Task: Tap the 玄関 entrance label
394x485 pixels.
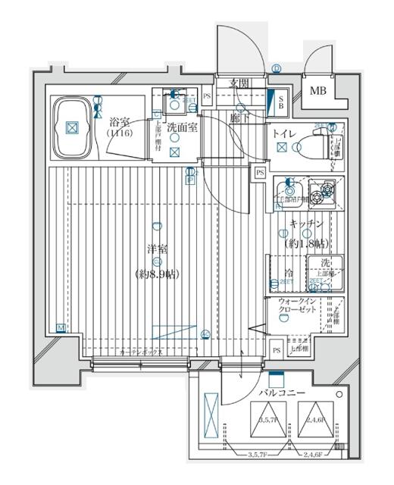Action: pyautogui.click(x=240, y=83)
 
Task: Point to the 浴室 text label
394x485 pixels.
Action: pyautogui.click(x=118, y=121)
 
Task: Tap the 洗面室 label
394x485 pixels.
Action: pyautogui.click(x=182, y=128)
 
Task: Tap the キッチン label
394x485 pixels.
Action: pyautogui.click(x=306, y=224)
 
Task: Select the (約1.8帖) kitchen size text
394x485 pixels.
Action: pyautogui.click(x=306, y=243)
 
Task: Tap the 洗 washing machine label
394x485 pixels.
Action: pyautogui.click(x=324, y=263)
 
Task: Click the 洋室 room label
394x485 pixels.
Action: pyautogui.click(x=158, y=249)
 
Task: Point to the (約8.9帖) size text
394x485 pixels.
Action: pyautogui.click(x=158, y=274)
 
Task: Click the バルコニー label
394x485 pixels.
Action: pyautogui.click(x=282, y=393)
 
